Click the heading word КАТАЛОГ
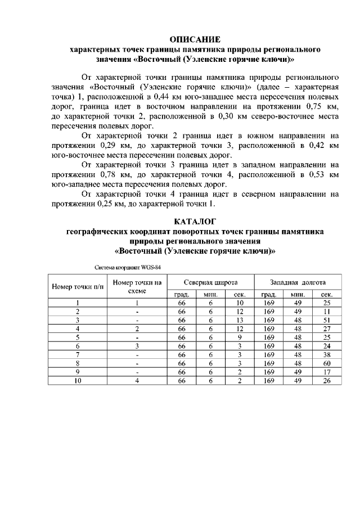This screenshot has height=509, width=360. pos(195,221)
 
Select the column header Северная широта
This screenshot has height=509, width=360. pos(210,282)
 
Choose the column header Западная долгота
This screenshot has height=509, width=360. pos(298,282)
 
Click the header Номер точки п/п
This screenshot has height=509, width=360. pos(78,286)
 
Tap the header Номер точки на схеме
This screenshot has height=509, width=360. pos(137,286)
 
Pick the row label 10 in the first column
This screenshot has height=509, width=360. pos(78,381)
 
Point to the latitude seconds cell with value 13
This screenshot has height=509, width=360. pos(239,320)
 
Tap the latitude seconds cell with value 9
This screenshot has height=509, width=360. pos(239,337)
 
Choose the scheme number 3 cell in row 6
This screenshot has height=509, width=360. pos(137,346)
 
